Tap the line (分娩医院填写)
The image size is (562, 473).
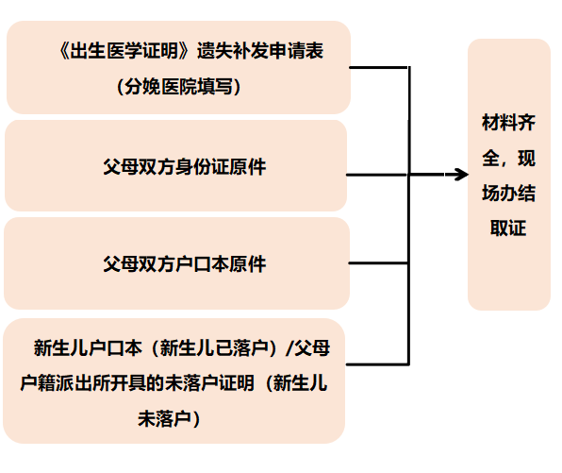click(x=179, y=87)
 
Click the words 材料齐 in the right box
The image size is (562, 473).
click(x=508, y=123)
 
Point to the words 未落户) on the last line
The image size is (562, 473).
click(x=174, y=415)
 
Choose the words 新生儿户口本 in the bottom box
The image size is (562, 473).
click(x=88, y=348)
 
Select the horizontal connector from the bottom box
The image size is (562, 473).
click(x=377, y=363)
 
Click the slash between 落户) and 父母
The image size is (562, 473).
click(x=289, y=348)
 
